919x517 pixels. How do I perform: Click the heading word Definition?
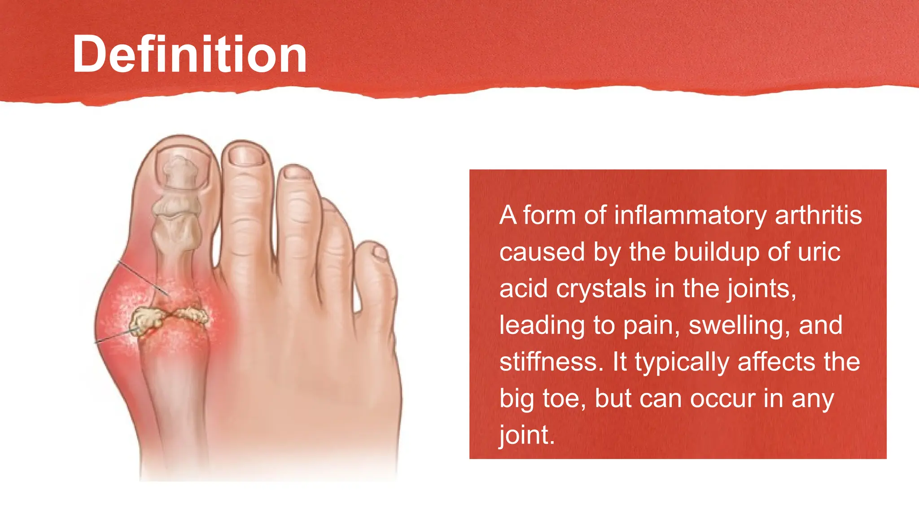pos(189,54)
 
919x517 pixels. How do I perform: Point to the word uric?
pos(818,252)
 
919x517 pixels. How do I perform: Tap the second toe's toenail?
pos(245,157)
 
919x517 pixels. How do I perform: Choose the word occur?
pos(722,399)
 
